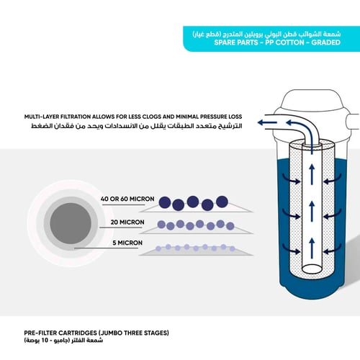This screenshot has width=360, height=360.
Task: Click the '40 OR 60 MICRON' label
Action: coord(127,199)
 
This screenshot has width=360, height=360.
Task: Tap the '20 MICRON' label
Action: coord(127,222)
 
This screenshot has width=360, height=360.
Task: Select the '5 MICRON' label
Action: coord(127,243)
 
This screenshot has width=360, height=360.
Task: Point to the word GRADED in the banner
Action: coord(326,42)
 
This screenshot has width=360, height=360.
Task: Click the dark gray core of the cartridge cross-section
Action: coord(71,223)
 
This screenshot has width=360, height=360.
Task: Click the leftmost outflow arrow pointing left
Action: coord(267,122)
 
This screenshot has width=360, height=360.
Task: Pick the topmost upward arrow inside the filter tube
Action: coord(312,174)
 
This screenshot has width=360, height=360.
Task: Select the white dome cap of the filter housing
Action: coord(312,100)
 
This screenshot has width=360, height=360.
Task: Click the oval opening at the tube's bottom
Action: coord(312,269)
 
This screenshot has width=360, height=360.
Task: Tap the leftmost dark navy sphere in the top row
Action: coord(165,202)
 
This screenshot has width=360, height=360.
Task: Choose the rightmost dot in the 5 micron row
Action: coord(232,248)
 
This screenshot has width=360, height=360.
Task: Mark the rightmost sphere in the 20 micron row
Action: coord(230,226)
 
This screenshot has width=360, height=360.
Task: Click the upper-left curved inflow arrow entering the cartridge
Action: coord(291,179)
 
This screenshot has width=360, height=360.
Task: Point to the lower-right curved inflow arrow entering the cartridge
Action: coord(333,249)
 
